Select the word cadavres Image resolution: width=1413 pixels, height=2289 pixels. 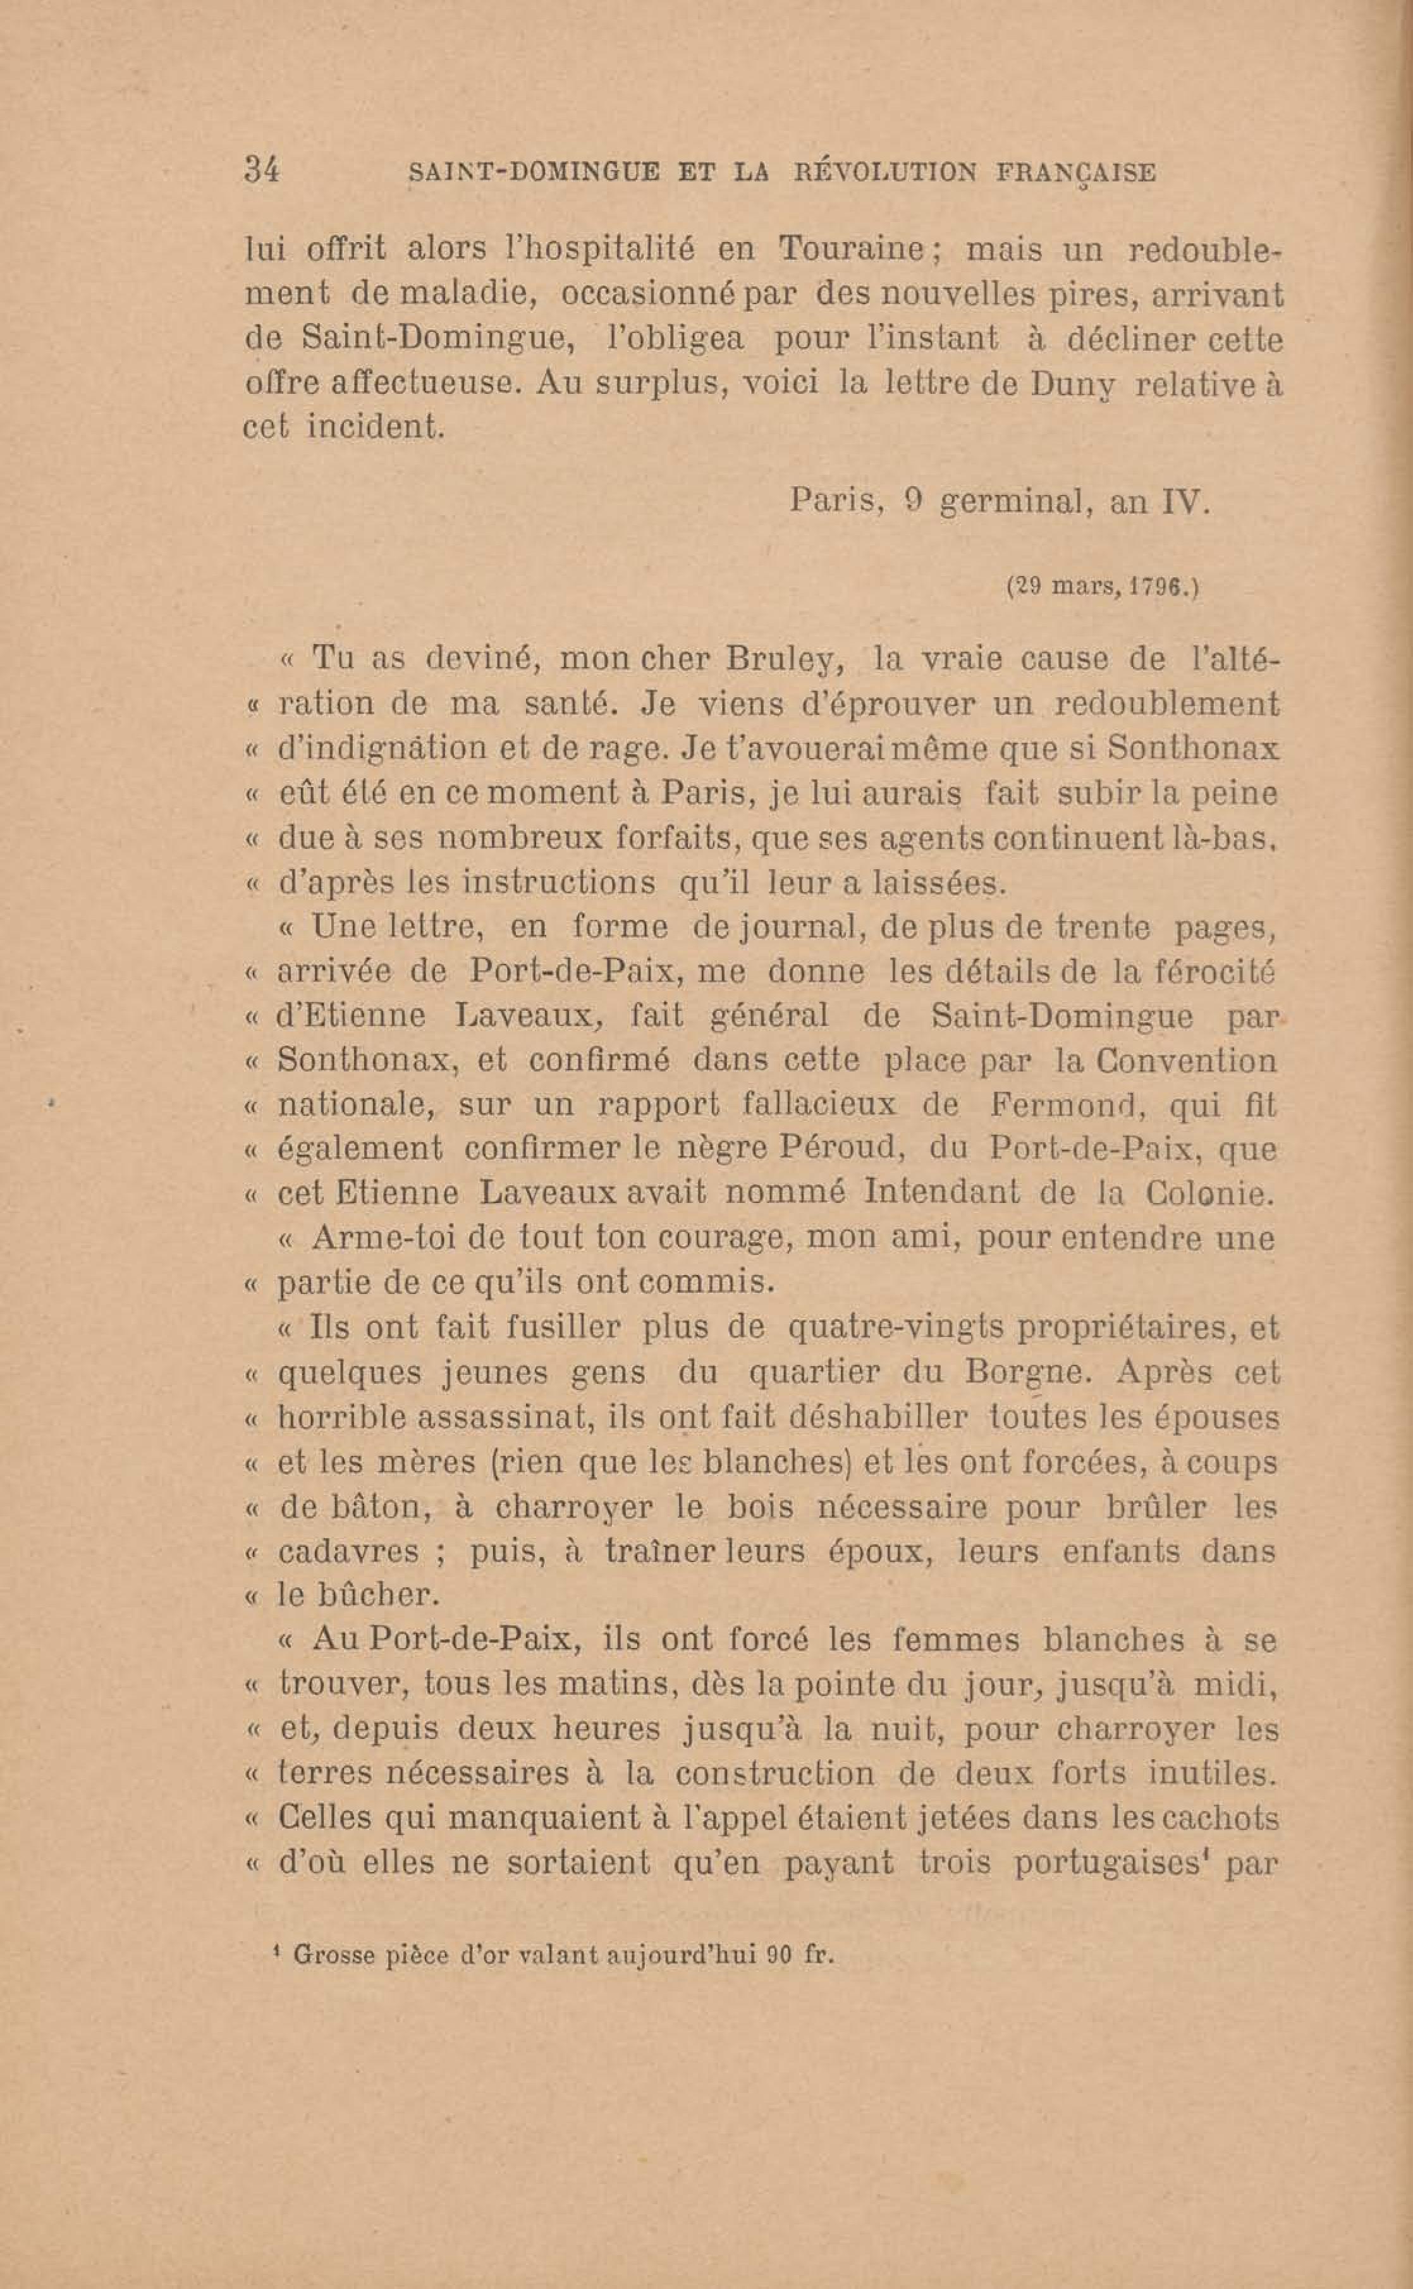(348, 1552)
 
